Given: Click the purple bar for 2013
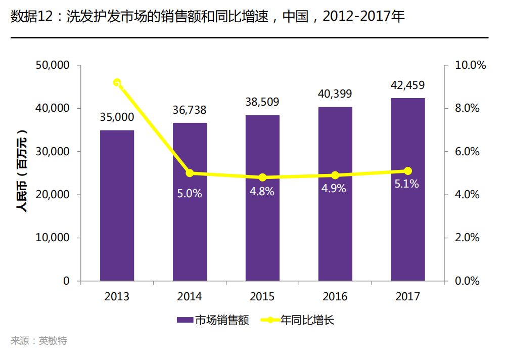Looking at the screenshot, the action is click(x=117, y=205).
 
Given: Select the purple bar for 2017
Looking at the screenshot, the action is click(x=408, y=189).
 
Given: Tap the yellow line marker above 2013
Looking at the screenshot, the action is click(x=117, y=83).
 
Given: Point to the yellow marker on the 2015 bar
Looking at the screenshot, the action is click(x=262, y=177).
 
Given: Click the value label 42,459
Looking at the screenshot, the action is click(x=408, y=85).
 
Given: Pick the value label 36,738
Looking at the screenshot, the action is click(x=190, y=110).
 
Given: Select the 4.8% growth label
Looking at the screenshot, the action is click(x=262, y=192).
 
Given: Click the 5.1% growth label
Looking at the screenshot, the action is click(x=407, y=184).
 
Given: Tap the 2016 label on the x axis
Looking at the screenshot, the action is click(x=335, y=297).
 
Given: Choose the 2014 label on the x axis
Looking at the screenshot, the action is click(x=190, y=297).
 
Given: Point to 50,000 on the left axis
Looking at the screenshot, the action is click(x=53, y=65).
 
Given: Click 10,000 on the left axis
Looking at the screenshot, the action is click(x=53, y=238).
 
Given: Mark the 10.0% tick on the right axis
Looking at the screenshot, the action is click(x=470, y=65).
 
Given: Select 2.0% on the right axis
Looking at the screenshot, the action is click(x=467, y=238).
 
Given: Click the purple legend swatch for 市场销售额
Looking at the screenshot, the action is click(x=185, y=320).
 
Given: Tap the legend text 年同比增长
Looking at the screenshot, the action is click(x=307, y=320).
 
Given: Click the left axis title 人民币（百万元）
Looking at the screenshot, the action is click(x=22, y=171).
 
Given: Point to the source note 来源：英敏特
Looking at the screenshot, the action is click(x=38, y=341).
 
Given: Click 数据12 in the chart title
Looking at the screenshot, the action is click(x=31, y=16).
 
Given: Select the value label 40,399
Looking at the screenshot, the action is click(x=335, y=94).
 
